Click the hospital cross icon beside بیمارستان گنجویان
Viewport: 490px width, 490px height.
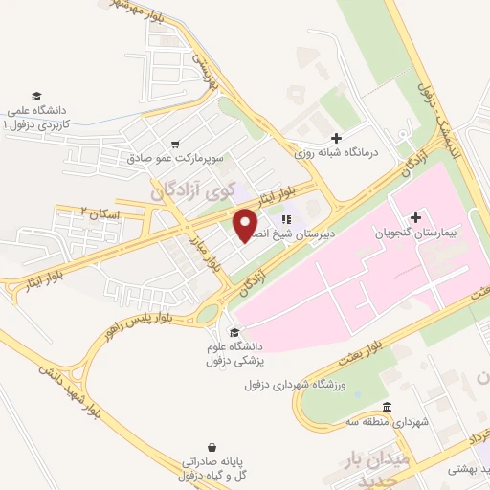pyautogui.click(x=414, y=218)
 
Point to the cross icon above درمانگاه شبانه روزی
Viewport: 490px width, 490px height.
pyautogui.click(x=336, y=138)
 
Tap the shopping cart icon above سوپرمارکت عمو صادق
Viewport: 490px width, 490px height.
pyautogui.click(x=175, y=144)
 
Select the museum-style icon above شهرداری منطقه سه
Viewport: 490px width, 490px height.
pyautogui.click(x=387, y=407)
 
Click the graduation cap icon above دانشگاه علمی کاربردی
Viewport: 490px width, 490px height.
pyautogui.click(x=36, y=98)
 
